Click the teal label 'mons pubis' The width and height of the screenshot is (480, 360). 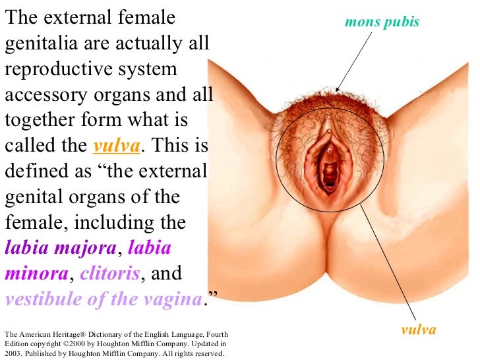pos(382,23)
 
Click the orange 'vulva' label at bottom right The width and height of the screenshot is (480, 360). pos(419,329)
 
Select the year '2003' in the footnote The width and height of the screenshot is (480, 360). pos(14,353)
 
